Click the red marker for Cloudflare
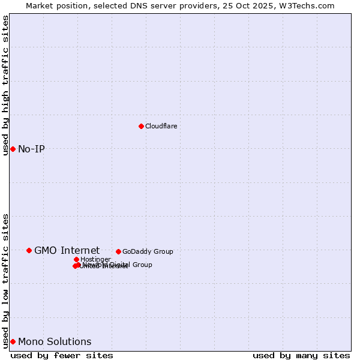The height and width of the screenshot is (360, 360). (x=141, y=126)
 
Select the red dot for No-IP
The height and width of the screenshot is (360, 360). (x=13, y=149)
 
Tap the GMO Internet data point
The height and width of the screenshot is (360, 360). (x=29, y=250)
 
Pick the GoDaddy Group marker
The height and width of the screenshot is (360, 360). (x=118, y=251)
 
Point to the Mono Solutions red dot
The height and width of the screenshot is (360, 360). (x=13, y=341)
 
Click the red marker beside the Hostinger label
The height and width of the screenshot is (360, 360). (x=76, y=259)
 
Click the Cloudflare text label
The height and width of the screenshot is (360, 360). (x=161, y=126)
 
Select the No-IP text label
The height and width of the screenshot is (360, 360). (x=31, y=149)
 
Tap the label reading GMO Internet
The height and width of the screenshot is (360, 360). (x=67, y=250)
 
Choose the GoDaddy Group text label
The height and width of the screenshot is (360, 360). (x=148, y=251)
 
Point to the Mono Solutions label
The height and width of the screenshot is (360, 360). (x=55, y=341)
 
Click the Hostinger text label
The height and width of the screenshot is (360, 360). (x=95, y=259)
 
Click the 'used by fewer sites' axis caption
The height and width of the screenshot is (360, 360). (x=62, y=355)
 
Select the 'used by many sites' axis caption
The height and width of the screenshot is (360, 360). (x=301, y=355)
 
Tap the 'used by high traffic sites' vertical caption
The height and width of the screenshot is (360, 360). (x=5, y=85)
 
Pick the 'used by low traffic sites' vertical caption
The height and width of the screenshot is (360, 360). (x=5, y=281)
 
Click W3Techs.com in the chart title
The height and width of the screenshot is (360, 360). (x=310, y=5)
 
